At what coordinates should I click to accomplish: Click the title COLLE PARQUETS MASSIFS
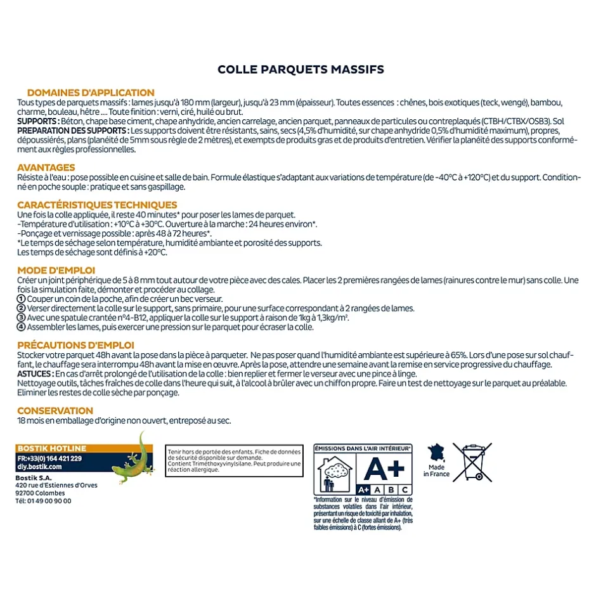301,69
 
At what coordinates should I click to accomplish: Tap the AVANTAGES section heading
46,168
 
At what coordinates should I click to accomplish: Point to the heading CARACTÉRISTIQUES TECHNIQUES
97,205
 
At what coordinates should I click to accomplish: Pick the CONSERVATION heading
55,411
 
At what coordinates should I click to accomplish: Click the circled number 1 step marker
21,299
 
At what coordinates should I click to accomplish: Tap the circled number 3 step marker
21,318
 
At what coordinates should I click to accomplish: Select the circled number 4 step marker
21,327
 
